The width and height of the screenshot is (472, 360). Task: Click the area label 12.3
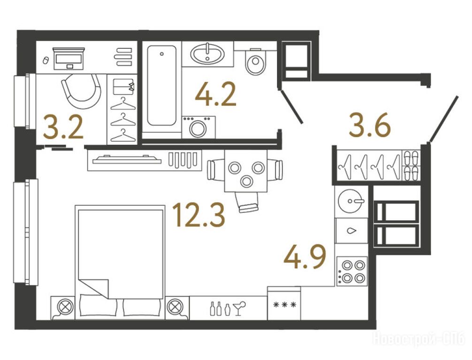pyautogui.click(x=198, y=215)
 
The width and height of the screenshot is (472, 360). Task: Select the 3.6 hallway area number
pyautogui.click(x=370, y=125)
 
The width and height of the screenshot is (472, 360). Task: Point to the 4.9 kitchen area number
pyautogui.click(x=305, y=256)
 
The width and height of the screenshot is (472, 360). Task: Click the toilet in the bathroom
pyautogui.click(x=256, y=61)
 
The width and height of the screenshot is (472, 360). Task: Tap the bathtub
pyautogui.click(x=162, y=85)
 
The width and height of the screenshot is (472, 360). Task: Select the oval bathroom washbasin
pyautogui.click(x=207, y=54)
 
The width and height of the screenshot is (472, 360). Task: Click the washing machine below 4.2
pyautogui.click(x=198, y=127)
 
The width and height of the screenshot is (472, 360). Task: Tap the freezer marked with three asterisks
pyautogui.click(x=284, y=303)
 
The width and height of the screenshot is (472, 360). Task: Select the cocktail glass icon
pyautogui.click(x=239, y=307)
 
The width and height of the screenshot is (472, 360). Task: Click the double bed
pyautogui.click(x=120, y=262)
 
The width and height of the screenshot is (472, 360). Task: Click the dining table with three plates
pyautogui.click(x=246, y=171)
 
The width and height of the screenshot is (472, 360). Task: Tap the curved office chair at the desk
pyautogui.click(x=81, y=91)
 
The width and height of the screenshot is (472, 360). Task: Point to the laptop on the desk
pyautogui.click(x=69, y=58)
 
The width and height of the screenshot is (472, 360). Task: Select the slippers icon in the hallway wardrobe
pyautogui.click(x=411, y=165)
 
